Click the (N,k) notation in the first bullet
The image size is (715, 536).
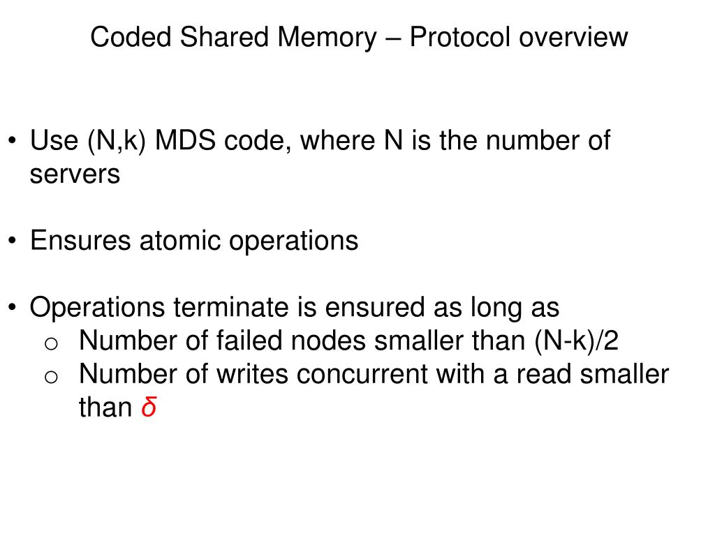115,141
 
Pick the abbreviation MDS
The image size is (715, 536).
186,141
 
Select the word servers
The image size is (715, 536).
75,174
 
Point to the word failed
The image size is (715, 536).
246,341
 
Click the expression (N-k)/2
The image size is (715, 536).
577,341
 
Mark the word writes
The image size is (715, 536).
254,375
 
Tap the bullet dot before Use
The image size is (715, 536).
13,142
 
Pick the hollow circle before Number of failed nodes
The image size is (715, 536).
50,343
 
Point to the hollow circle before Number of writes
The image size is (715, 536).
50,376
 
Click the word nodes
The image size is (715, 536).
332,341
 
